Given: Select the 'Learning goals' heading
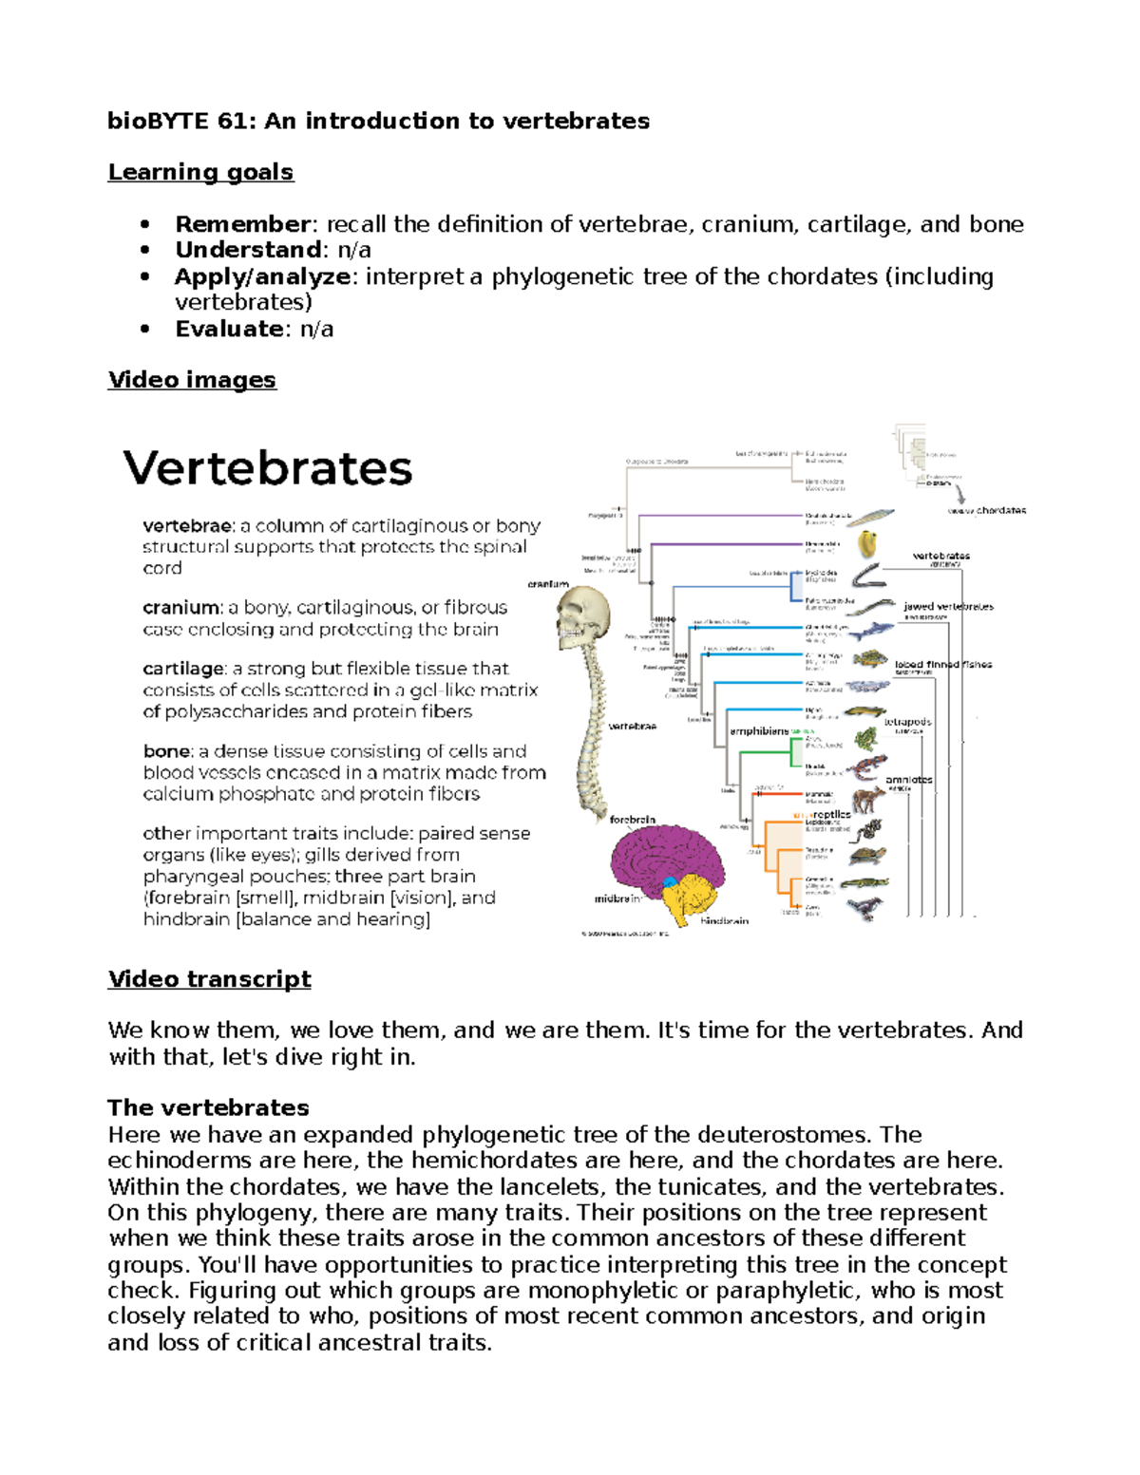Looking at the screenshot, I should click(x=200, y=172).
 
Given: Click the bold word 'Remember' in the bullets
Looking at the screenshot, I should click(x=243, y=224).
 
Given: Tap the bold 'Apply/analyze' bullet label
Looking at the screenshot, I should click(x=263, y=276).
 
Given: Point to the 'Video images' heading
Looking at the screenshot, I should click(x=192, y=380).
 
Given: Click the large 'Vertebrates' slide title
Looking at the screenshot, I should click(x=268, y=468).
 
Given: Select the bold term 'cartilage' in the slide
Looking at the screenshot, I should click(x=183, y=669).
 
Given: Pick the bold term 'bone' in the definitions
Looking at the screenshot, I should click(x=166, y=751).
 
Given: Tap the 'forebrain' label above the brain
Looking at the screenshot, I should click(x=633, y=819).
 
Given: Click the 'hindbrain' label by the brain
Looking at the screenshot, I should click(x=725, y=920).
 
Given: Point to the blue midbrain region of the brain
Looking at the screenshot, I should click(x=671, y=884).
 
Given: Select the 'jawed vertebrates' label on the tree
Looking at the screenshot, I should click(x=948, y=606).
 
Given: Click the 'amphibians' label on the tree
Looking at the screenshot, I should click(x=759, y=731).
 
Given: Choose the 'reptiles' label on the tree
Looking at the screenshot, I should click(x=831, y=814).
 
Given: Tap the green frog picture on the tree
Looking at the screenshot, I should click(x=865, y=739).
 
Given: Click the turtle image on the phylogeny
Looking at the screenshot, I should click(x=866, y=857).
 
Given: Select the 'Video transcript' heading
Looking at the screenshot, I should click(x=209, y=979).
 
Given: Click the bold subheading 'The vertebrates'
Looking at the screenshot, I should click(x=208, y=1107).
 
